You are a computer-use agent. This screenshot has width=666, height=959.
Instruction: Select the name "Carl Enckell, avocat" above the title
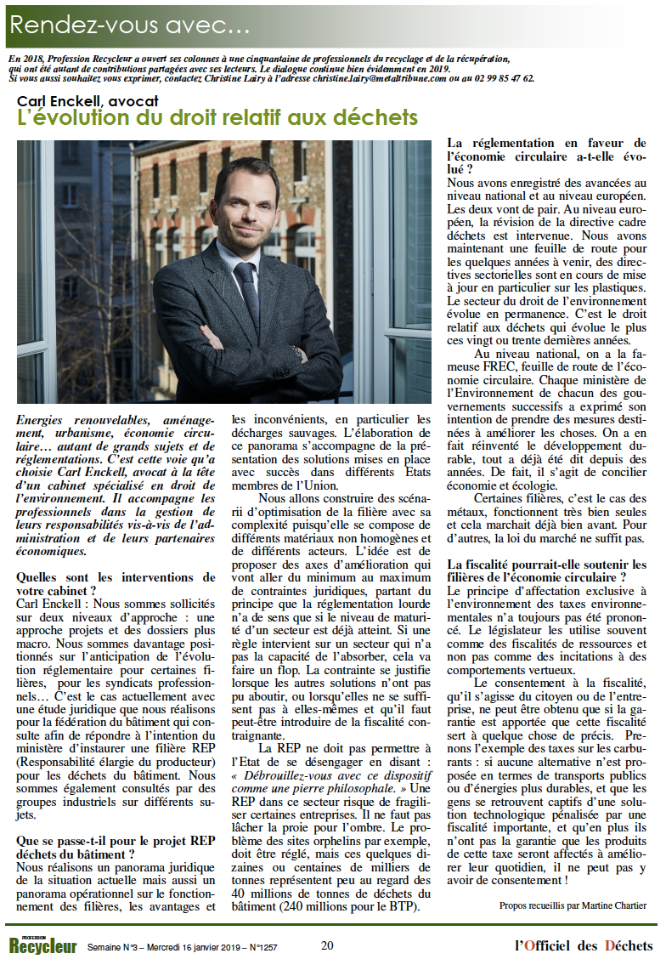tap(95, 101)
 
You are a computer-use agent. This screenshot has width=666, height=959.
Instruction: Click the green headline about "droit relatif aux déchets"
tap(218, 118)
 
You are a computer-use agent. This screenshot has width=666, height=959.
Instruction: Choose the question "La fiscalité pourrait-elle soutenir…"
tap(546, 570)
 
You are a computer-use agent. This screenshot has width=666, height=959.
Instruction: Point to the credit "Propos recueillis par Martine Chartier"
tap(573, 905)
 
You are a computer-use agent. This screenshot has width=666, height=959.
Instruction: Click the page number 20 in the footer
tap(327, 945)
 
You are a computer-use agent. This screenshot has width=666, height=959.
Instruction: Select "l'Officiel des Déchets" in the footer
tap(584, 945)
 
